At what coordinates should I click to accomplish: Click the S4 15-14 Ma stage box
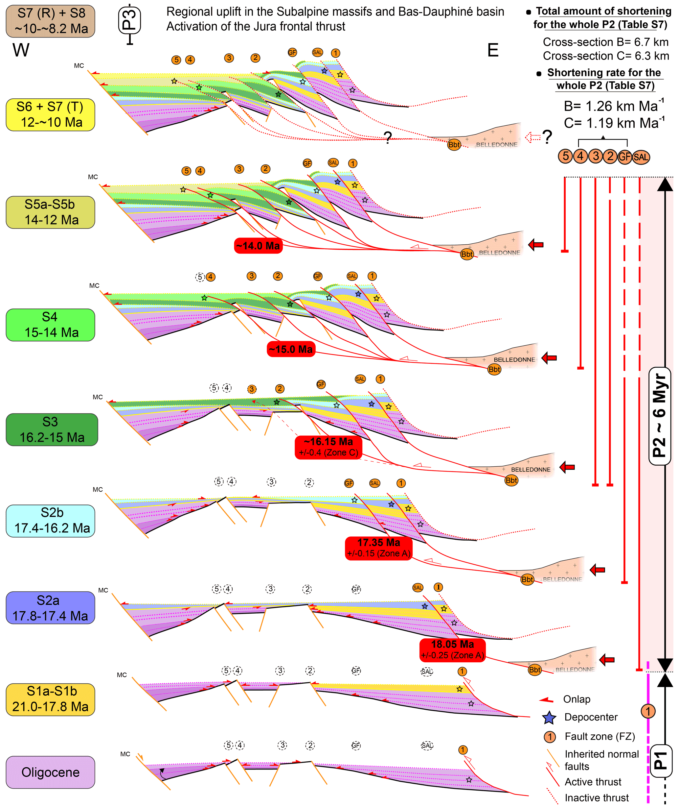51,325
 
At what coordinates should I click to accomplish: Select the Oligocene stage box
51,772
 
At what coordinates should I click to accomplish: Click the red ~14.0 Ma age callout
258,245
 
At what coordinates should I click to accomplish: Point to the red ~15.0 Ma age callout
291,349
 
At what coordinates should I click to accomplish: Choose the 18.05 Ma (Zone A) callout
453,649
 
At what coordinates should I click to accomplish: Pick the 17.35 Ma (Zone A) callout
378,548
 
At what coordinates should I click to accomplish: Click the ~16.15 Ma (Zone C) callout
328,447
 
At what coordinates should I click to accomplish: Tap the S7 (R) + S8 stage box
51,21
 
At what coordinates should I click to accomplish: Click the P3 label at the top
130,20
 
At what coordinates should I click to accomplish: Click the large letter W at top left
21,50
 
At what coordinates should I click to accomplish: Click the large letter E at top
493,50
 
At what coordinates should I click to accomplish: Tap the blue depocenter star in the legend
549,718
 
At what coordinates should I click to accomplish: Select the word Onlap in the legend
577,699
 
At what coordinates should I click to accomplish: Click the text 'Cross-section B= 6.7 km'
605,42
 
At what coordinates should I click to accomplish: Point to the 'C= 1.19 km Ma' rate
614,123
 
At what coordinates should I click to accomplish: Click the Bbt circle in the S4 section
494,369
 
